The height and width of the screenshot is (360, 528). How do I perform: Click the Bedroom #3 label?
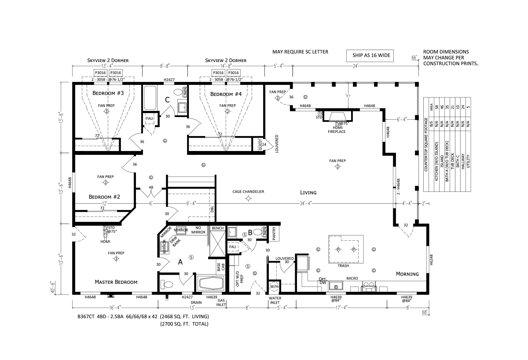[x=108, y=93]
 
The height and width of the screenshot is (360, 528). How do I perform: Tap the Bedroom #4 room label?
[x=226, y=94]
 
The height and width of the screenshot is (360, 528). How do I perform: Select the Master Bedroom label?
[x=116, y=282]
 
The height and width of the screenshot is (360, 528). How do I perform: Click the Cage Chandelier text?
[x=249, y=191]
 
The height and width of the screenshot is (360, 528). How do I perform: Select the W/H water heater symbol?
[x=274, y=287]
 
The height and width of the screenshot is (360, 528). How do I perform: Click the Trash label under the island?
[x=343, y=266]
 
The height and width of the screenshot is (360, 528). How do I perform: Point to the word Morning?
[x=407, y=274]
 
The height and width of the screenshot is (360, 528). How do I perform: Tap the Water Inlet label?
[x=275, y=300]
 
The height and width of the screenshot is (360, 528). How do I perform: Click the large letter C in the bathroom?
[x=167, y=100]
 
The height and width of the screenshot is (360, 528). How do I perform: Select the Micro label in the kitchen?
[x=352, y=278]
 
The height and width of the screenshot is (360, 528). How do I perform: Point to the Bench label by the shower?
[x=217, y=228]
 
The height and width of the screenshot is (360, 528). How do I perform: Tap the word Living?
[x=308, y=192]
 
